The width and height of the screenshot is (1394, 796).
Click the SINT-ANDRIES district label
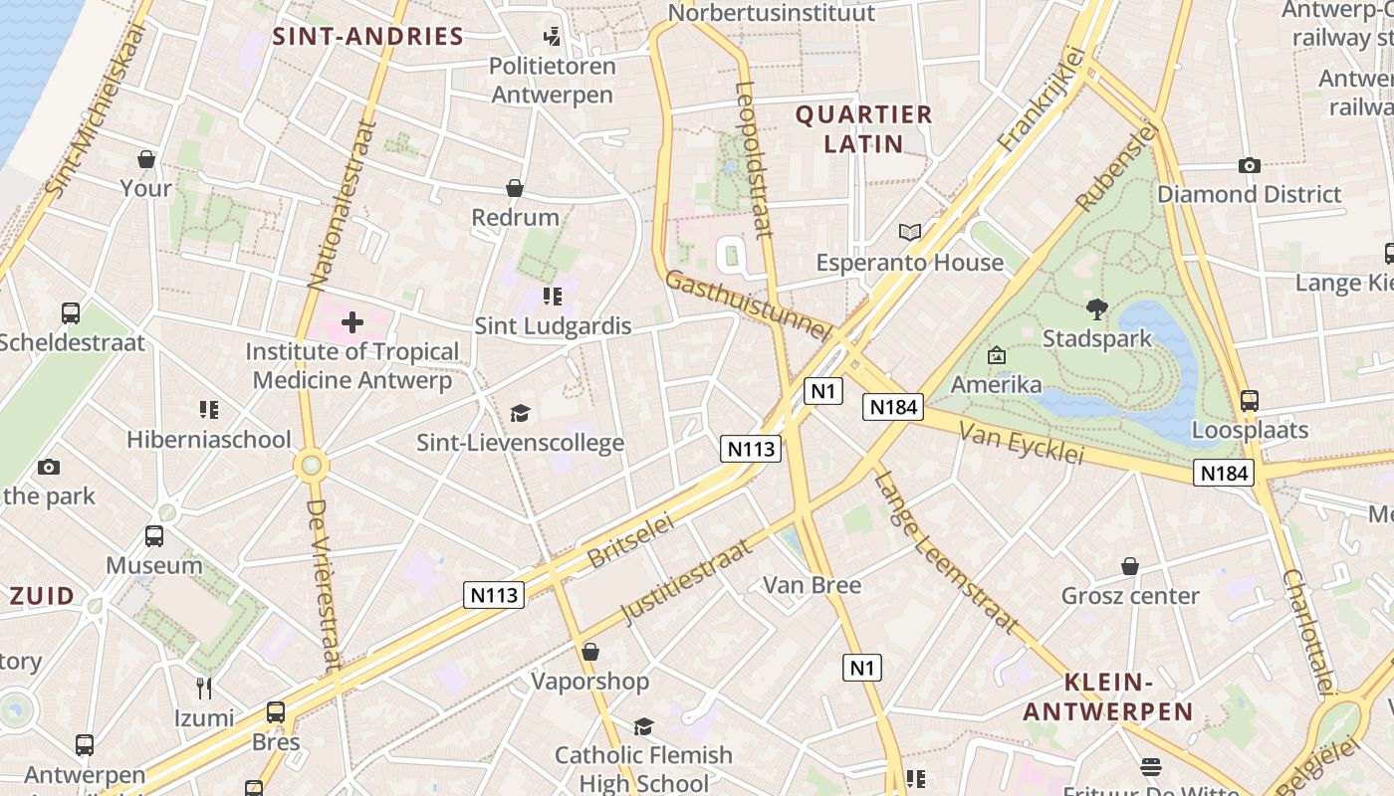click(368, 38)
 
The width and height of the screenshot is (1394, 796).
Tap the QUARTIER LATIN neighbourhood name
click(863, 129)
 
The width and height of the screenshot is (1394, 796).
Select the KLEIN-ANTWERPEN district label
click(1107, 697)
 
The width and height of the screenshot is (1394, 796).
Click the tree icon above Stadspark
click(1097, 309)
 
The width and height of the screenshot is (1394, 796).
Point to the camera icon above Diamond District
click(1249, 165)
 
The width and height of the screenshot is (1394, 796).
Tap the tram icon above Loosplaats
click(1249, 401)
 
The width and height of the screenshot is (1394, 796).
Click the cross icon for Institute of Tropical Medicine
click(352, 322)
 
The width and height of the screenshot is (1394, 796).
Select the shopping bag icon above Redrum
click(515, 188)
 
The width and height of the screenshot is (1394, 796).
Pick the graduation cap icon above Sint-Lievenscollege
click(520, 413)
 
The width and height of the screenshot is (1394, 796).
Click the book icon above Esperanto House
click(910, 233)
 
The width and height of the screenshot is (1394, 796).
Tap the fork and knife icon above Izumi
click(204, 689)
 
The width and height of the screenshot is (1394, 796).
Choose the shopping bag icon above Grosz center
click(1130, 566)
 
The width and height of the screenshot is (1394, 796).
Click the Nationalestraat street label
click(342, 205)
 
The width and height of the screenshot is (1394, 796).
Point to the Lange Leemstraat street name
click(946, 552)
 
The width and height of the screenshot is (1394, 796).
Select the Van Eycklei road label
click(1021, 442)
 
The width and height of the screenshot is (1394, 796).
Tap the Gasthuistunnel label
click(747, 305)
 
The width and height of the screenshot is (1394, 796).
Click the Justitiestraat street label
click(687, 582)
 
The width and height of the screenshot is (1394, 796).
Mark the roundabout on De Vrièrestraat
click(312, 465)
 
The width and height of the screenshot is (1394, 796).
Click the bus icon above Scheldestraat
click(71, 313)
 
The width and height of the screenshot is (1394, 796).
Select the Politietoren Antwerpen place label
click(553, 81)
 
